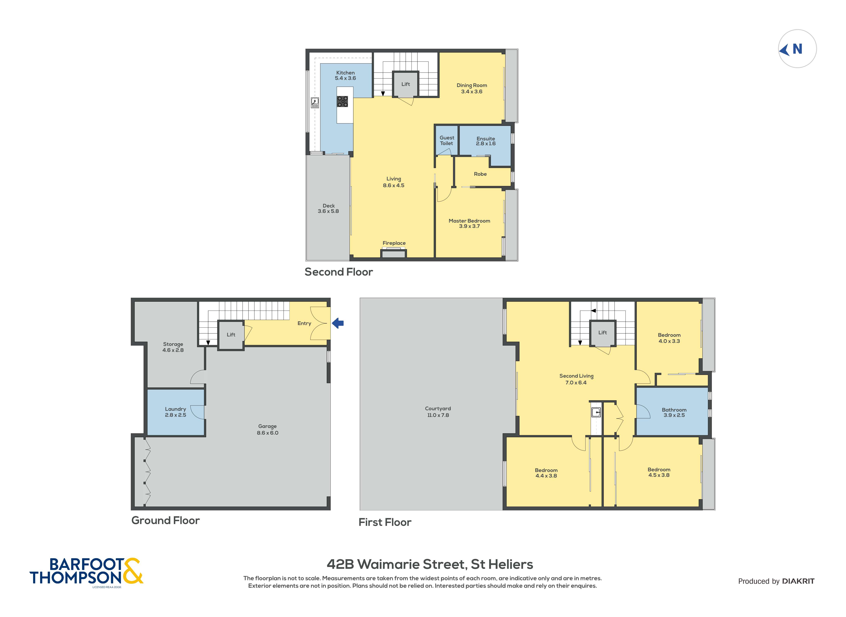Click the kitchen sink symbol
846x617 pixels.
315,102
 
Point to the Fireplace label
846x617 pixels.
394,243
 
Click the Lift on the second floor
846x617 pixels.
405,84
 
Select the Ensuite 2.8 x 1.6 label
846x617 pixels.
486,141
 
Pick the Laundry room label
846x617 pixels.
175,412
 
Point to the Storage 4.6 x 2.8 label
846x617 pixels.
173,347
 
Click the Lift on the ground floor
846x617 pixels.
231,335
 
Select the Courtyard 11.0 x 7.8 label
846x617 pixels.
438,412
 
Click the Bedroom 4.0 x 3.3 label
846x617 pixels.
669,338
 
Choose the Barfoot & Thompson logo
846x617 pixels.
86,571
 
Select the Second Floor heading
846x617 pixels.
338,272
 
